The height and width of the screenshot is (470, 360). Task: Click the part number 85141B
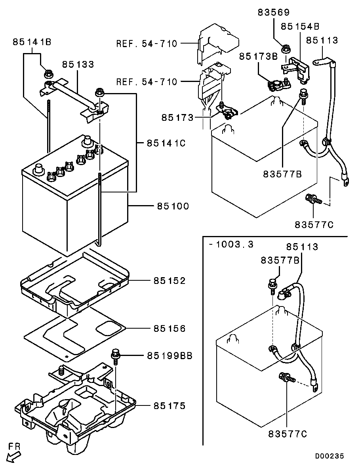click(32, 42)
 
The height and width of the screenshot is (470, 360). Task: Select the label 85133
click(78, 64)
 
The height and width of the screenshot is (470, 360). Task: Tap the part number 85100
click(173, 206)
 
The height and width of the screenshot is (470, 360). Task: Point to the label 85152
click(170, 281)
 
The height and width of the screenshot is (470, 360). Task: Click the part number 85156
click(170, 328)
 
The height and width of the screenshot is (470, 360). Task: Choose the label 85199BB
click(170, 356)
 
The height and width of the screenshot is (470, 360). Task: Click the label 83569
click(274, 12)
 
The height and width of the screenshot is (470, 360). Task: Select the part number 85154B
click(300, 27)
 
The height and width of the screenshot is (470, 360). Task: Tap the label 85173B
click(258, 56)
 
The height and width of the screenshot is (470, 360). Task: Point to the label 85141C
click(166, 143)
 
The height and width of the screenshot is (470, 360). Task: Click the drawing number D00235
click(330, 456)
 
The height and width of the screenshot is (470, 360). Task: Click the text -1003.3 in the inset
click(231, 244)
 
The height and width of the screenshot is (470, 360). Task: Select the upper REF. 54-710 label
click(147, 44)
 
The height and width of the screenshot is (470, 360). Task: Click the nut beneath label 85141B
click(48, 73)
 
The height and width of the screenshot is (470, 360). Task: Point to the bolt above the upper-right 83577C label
click(313, 199)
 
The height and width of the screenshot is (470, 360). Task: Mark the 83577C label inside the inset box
click(288, 434)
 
